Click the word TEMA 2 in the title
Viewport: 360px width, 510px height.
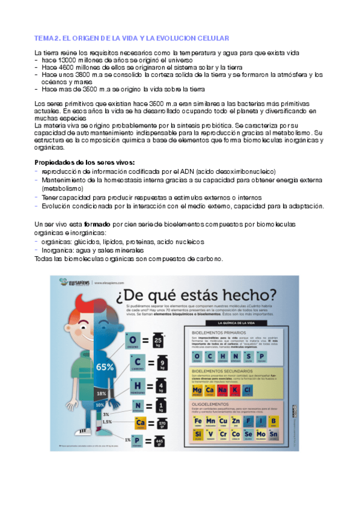45,37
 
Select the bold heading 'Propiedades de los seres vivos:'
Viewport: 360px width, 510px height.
84,162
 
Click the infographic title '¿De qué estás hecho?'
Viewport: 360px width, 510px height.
201,295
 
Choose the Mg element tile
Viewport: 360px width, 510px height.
196,390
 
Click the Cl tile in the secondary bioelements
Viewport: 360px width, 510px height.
248,390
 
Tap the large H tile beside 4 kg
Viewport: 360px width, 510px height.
138,385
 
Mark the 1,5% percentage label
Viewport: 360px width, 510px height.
106,422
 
